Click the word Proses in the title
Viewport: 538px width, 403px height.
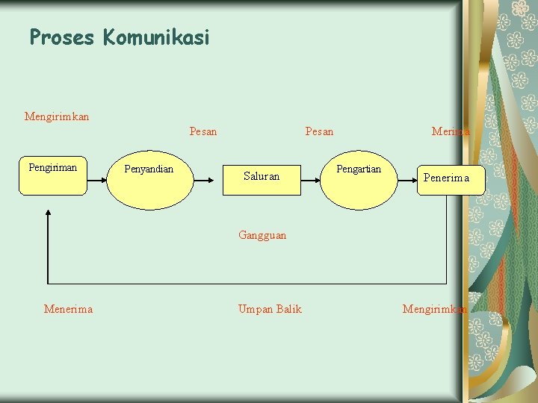point(63,37)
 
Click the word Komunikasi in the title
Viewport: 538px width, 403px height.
point(157,37)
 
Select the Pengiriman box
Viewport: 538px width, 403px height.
point(52,177)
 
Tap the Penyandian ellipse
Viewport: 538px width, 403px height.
point(149,179)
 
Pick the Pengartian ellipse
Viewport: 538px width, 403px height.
point(359,179)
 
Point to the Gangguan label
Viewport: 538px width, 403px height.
point(262,235)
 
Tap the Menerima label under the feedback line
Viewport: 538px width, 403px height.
point(68,309)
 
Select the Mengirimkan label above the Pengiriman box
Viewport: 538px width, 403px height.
point(57,116)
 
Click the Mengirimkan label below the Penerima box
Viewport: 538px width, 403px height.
point(435,309)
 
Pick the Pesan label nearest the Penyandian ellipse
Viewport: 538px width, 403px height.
point(203,132)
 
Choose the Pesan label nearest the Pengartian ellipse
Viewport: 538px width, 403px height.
point(319,132)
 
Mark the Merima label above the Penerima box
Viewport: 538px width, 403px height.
point(451,132)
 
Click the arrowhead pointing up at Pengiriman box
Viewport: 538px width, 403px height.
point(49,213)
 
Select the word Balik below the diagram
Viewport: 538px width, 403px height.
point(288,309)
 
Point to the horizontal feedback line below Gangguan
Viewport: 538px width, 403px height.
point(247,284)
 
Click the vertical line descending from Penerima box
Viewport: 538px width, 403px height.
point(446,239)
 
